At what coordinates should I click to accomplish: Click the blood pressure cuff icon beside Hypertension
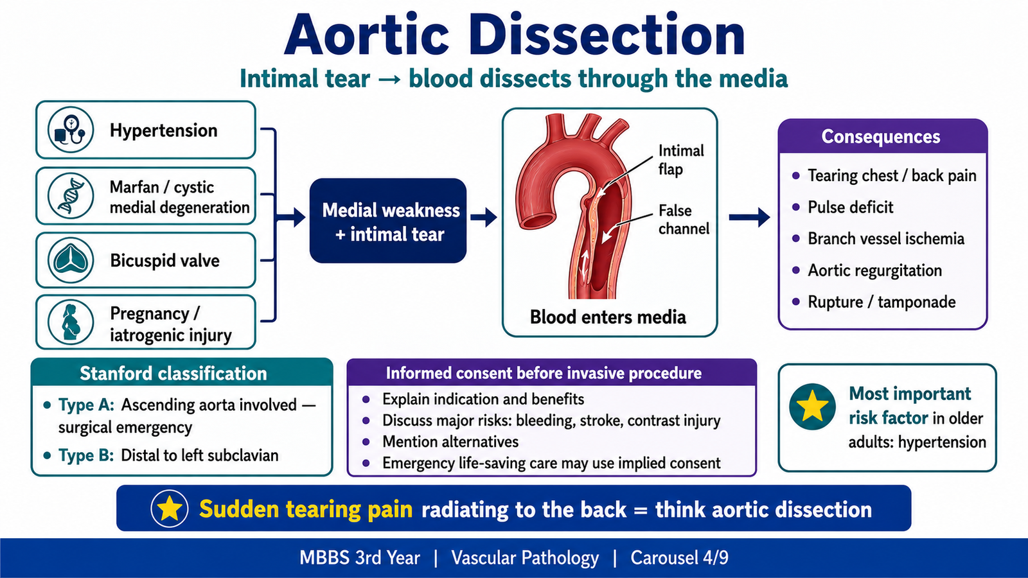(70, 130)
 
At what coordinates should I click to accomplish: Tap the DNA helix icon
(70, 195)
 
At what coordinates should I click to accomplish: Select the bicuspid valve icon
(70, 260)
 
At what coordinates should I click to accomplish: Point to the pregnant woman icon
(70, 322)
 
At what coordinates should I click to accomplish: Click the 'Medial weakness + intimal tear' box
(388, 221)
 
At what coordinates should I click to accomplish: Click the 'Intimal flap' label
(681, 160)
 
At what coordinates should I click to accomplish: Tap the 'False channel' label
(684, 219)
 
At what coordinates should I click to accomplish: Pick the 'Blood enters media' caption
(608, 317)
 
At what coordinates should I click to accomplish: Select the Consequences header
(881, 136)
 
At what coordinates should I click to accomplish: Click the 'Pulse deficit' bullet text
(851, 207)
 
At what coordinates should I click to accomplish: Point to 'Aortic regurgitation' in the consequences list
(874, 270)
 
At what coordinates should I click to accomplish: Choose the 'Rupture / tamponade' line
(882, 302)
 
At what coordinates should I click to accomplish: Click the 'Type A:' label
(86, 405)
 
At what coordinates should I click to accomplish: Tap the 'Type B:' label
(86, 455)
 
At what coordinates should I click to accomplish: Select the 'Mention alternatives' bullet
(450, 442)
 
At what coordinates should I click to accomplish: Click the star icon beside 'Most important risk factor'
(812, 407)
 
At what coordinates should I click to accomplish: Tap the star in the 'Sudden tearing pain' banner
(170, 508)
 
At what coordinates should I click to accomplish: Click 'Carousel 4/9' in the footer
(679, 558)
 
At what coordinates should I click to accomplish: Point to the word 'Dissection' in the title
(607, 36)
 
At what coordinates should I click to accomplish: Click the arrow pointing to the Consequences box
(749, 218)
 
